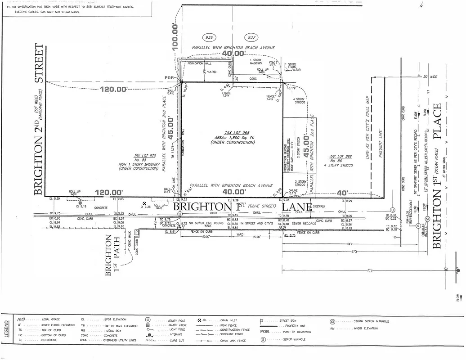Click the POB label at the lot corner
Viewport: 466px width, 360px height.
click(x=170, y=78)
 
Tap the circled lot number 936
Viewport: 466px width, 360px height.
click(x=209, y=37)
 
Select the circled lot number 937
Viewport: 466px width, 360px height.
click(x=251, y=37)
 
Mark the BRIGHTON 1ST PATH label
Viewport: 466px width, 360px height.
click(x=111, y=255)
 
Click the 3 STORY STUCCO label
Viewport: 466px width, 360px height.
click(x=300, y=183)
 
